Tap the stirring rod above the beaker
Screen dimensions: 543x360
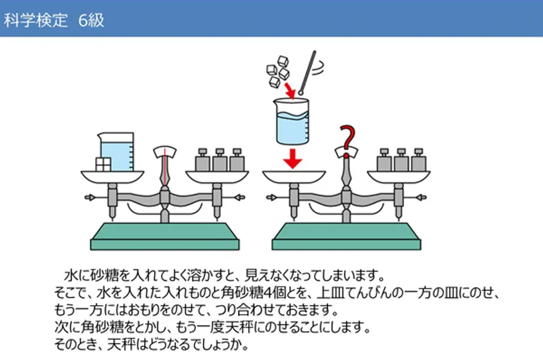point(308,72)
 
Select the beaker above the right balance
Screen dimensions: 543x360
point(292,121)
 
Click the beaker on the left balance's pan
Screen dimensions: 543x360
point(116,152)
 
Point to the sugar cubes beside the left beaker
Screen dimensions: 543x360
point(103,164)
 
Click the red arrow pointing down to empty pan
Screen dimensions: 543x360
point(293,158)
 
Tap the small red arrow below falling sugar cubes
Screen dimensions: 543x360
point(290,90)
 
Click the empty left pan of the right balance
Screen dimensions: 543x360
point(293,176)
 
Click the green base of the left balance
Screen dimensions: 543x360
point(165,237)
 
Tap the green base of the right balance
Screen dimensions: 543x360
point(346,237)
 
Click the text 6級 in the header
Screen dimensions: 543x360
point(91,20)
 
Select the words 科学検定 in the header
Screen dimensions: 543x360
point(36,20)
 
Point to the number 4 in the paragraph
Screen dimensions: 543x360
point(268,293)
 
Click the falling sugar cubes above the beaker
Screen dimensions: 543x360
point(278,72)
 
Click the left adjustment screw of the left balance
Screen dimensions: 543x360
point(90,197)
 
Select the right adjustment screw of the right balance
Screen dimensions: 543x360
point(421,197)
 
